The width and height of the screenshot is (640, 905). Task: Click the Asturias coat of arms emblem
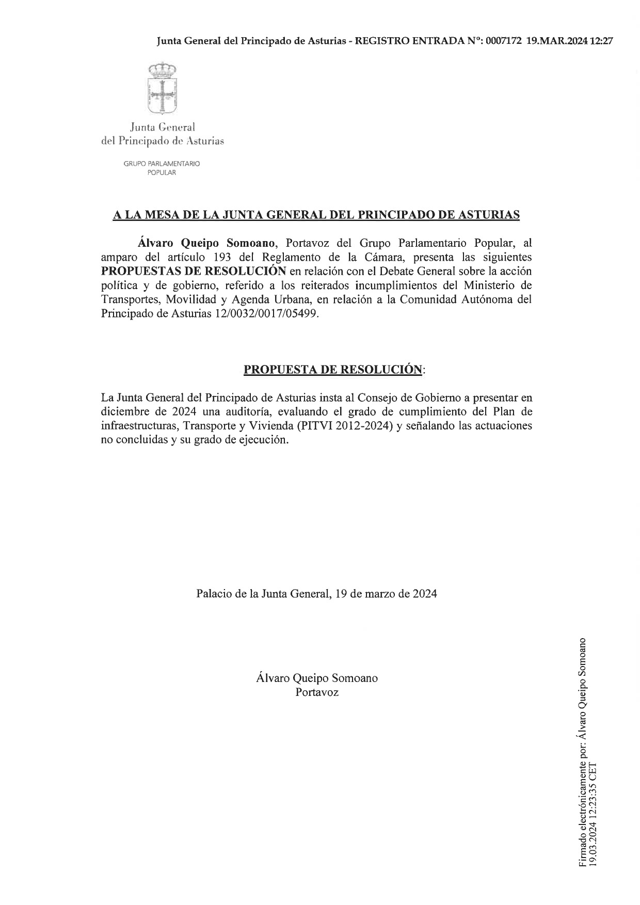click(163, 88)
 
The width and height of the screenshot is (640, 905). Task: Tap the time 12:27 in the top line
click(601, 42)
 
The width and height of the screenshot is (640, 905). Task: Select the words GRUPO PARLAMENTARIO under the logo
click(162, 164)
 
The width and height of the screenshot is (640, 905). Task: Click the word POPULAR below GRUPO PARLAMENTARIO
click(162, 173)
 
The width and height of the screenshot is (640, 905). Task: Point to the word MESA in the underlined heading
click(163, 215)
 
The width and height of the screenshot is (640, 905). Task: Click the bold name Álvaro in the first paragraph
click(155, 242)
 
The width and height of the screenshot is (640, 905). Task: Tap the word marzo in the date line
click(380, 593)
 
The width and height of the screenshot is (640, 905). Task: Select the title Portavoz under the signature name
click(317, 692)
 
